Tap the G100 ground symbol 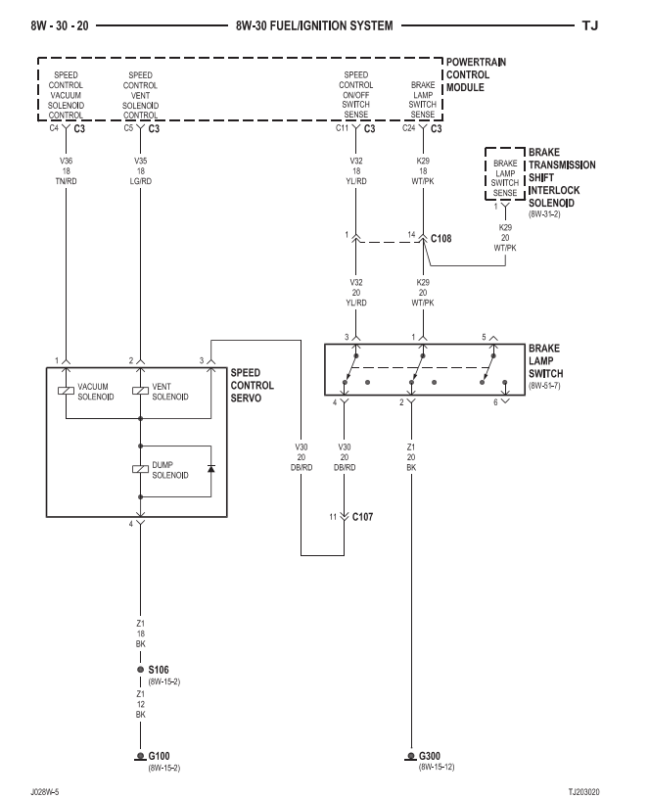(x=140, y=756)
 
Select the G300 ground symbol (x=410, y=756)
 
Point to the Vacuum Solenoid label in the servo (x=95, y=392)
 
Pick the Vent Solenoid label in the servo (x=169, y=392)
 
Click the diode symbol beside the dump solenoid (x=210, y=470)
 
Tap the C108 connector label (x=440, y=238)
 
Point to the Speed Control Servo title (x=252, y=385)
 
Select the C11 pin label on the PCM (x=342, y=128)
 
